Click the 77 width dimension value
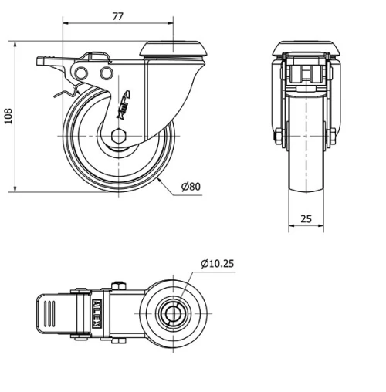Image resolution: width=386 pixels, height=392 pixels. pos(117,15)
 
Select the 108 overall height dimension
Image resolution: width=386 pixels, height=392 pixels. pos(8,115)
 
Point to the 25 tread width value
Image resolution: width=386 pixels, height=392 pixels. pos(306,218)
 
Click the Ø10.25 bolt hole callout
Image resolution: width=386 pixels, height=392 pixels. pos(217,264)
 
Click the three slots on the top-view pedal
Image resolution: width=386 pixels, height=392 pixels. pos(50,314)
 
